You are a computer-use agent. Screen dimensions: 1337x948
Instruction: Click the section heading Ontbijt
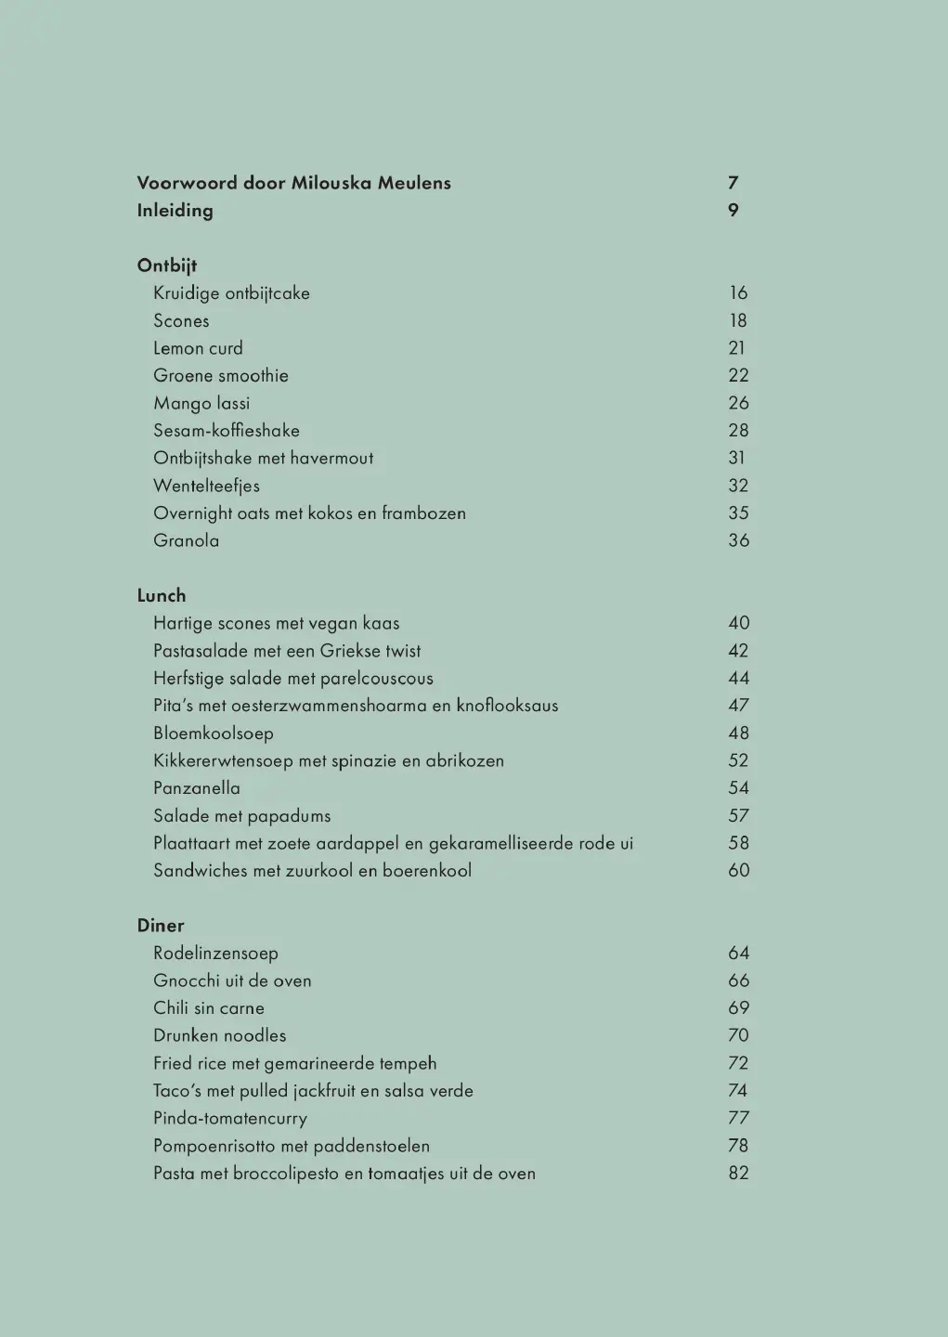pos(167,266)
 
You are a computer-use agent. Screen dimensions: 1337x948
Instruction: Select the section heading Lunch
pos(162,596)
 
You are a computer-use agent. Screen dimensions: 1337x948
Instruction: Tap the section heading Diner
pos(161,926)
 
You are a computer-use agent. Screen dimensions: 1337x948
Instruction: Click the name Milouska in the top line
pos(331,183)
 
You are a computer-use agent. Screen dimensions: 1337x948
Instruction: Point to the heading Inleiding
pos(175,211)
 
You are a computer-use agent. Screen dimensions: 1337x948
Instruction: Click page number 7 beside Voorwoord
pos(734,183)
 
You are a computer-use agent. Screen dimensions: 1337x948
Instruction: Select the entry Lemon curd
pos(198,348)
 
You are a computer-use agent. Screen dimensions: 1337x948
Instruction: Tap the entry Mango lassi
pos(201,403)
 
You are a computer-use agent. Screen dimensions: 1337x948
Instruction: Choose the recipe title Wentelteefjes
pos(206,486)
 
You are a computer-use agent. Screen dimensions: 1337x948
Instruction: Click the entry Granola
pos(187,540)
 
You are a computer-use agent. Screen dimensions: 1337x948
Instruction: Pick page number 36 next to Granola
pos(738,540)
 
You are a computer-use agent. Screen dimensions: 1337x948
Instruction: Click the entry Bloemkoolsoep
pos(214,733)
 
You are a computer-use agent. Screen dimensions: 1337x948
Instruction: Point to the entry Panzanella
pos(197,788)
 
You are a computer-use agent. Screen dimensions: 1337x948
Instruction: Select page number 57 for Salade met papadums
pos(738,816)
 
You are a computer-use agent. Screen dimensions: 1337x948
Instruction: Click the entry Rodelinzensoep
pos(215,954)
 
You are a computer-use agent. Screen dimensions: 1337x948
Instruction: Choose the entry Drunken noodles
pos(220,1035)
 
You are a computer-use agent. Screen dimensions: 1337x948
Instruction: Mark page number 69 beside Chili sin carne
pos(738,1008)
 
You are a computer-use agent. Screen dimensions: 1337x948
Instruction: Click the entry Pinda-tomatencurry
pos(230,1119)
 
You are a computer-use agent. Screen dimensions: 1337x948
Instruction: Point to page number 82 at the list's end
pos(738,1174)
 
